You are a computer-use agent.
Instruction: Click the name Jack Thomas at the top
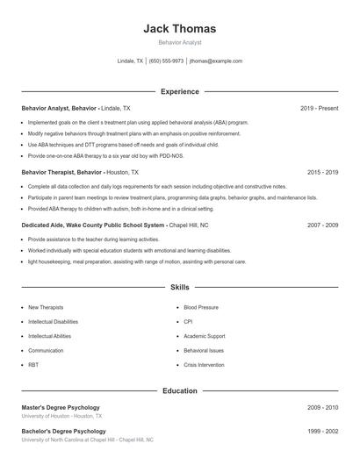tap(179, 29)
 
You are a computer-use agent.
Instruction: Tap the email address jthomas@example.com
tap(216, 61)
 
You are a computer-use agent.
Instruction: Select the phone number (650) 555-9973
tap(166, 61)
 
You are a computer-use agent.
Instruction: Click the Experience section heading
tap(179, 91)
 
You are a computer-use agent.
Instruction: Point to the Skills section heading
tap(179, 288)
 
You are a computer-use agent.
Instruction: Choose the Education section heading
tap(179, 390)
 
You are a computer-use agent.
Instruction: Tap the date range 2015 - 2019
tap(322, 173)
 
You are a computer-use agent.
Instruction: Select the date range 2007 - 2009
tap(322, 225)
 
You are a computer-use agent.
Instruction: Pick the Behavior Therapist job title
tap(50, 173)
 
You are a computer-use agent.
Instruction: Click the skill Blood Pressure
tap(201, 308)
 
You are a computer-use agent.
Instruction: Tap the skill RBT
tap(33, 363)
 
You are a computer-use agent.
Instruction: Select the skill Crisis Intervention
tap(205, 363)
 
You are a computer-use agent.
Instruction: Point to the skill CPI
tap(189, 322)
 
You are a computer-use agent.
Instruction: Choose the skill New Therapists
tap(46, 308)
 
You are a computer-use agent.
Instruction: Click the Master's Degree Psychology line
tap(61, 407)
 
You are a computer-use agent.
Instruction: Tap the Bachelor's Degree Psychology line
tap(63, 432)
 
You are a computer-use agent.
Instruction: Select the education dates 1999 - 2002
tap(322, 432)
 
